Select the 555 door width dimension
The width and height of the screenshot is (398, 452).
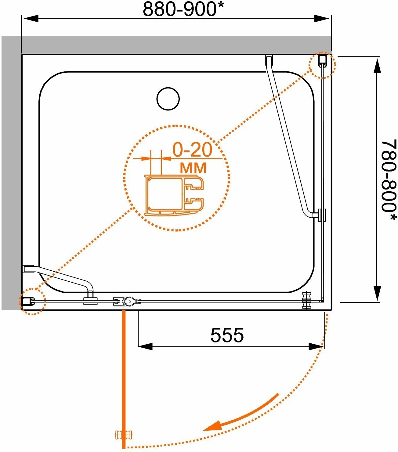coord(227,335)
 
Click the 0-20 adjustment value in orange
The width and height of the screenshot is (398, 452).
coord(192,150)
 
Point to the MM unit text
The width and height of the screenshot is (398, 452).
coord(193,168)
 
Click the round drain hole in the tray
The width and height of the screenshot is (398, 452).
coord(168,99)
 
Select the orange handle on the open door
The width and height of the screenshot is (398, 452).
coord(124,435)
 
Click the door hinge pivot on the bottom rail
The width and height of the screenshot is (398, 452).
coord(128,302)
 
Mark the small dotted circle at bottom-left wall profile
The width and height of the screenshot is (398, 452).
coord(32,301)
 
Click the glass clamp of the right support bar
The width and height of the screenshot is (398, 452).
coord(321,215)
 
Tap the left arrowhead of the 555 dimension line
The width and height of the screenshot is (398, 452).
coord(145,346)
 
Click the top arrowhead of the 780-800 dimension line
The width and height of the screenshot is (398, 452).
coord(378,66)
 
